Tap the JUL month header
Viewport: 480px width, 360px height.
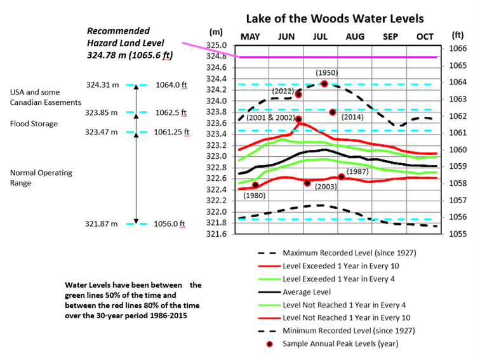pyautogui.click(x=320, y=37)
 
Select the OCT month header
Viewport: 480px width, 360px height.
pyautogui.click(x=424, y=37)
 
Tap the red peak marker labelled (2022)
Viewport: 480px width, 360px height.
pyautogui.click(x=298, y=95)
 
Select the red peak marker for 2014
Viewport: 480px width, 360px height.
pyautogui.click(x=333, y=112)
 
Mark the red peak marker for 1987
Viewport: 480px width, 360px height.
pyautogui.click(x=342, y=177)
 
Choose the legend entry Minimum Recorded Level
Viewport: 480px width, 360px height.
pyautogui.click(x=349, y=331)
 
